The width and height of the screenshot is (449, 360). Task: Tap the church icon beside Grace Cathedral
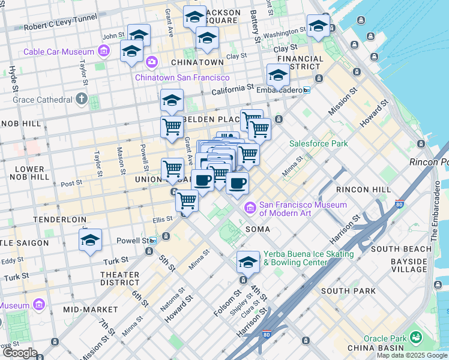point(81,99)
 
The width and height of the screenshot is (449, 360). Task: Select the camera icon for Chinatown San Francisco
point(151,61)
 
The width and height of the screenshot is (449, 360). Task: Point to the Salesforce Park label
point(318,143)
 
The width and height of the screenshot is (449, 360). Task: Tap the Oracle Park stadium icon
point(415,338)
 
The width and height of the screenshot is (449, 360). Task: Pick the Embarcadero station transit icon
point(307,90)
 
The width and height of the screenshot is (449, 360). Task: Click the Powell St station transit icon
point(153,241)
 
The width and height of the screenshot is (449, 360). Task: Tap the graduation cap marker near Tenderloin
point(90,241)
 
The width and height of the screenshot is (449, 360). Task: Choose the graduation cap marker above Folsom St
point(247,261)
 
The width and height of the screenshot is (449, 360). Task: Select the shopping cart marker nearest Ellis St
point(187,200)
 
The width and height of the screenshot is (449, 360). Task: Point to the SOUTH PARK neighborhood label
point(348,291)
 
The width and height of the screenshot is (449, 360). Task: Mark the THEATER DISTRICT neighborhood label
point(119,278)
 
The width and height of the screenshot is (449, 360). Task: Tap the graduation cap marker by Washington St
point(318,25)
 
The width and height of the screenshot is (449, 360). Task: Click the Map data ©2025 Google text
point(412,355)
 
